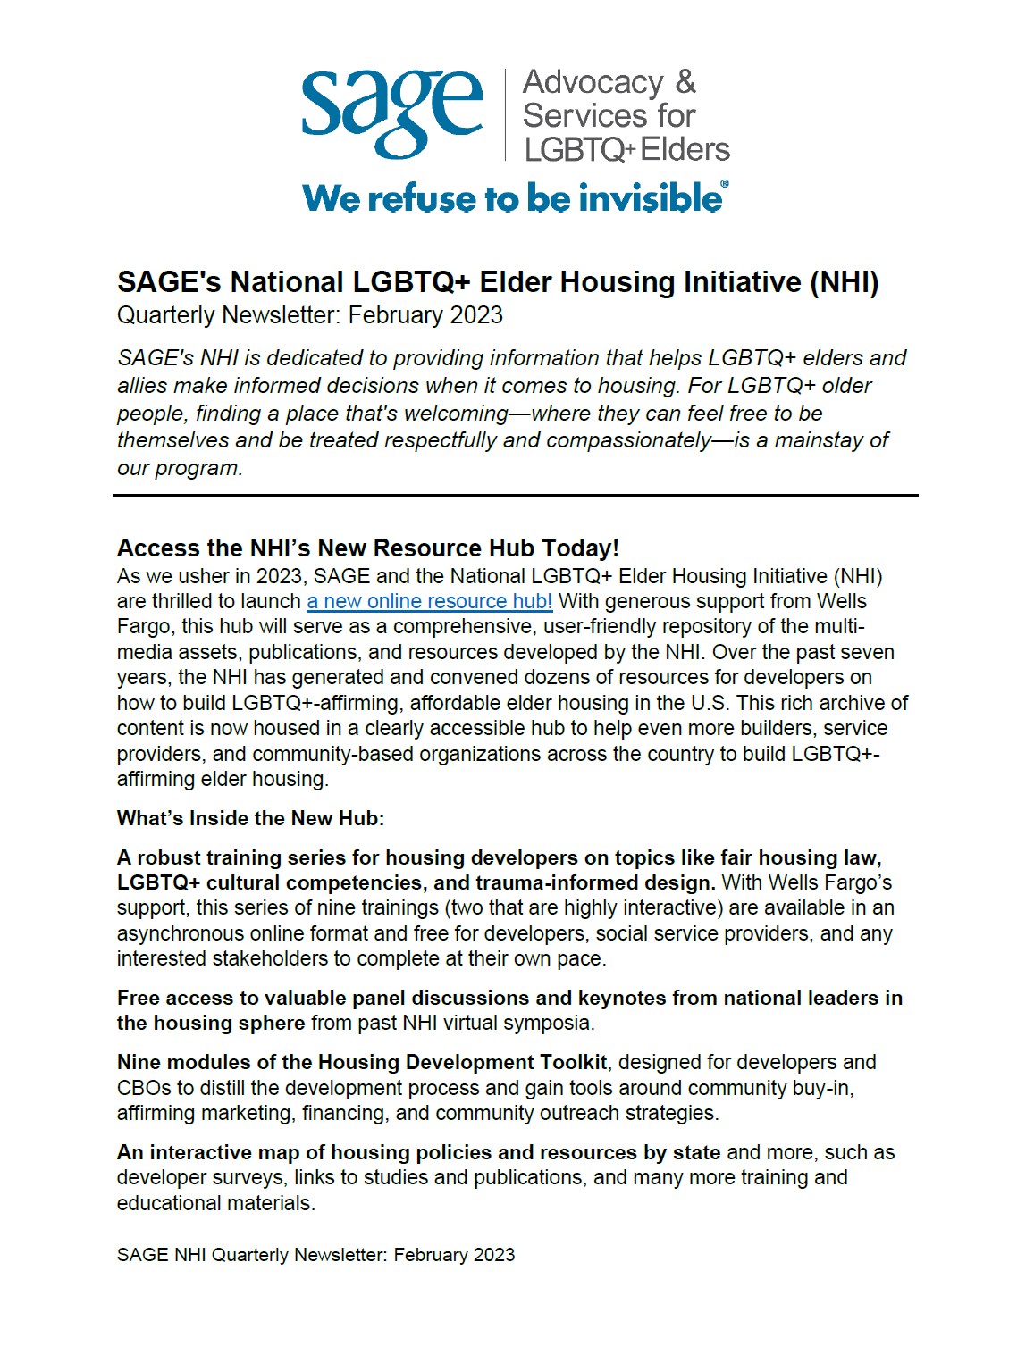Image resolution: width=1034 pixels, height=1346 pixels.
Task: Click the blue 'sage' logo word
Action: (391, 111)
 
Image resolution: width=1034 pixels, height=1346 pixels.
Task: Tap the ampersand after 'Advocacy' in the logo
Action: (685, 82)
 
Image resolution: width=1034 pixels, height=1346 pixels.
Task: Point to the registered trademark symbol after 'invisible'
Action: (725, 184)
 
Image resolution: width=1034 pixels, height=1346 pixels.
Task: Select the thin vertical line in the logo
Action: (506, 114)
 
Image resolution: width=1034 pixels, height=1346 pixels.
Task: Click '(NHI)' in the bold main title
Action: (844, 282)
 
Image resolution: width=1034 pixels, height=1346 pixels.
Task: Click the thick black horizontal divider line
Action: (516, 495)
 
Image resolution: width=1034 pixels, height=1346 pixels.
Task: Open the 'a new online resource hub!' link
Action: (429, 601)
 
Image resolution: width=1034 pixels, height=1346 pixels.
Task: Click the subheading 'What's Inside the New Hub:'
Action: (250, 818)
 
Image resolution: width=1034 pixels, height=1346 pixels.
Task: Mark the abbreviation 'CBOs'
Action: (143, 1088)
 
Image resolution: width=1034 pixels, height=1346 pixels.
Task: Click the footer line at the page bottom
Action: (315, 1255)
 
